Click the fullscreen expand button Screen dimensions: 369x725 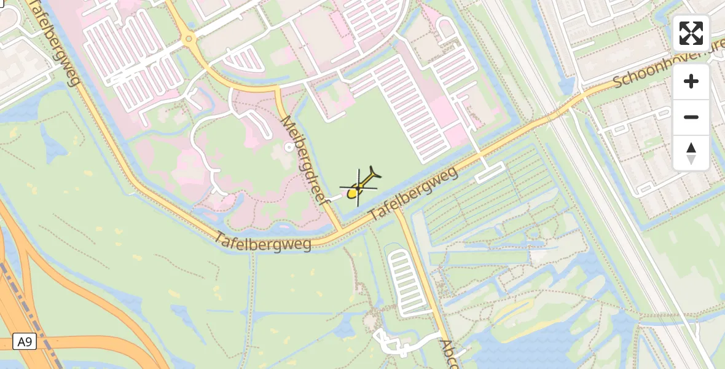pos(691,33)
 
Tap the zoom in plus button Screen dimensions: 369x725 pos(691,81)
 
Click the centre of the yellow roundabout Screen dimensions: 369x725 pos(189,41)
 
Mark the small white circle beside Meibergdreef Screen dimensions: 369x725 pos(289,147)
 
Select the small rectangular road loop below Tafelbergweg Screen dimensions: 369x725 pos(490,172)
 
